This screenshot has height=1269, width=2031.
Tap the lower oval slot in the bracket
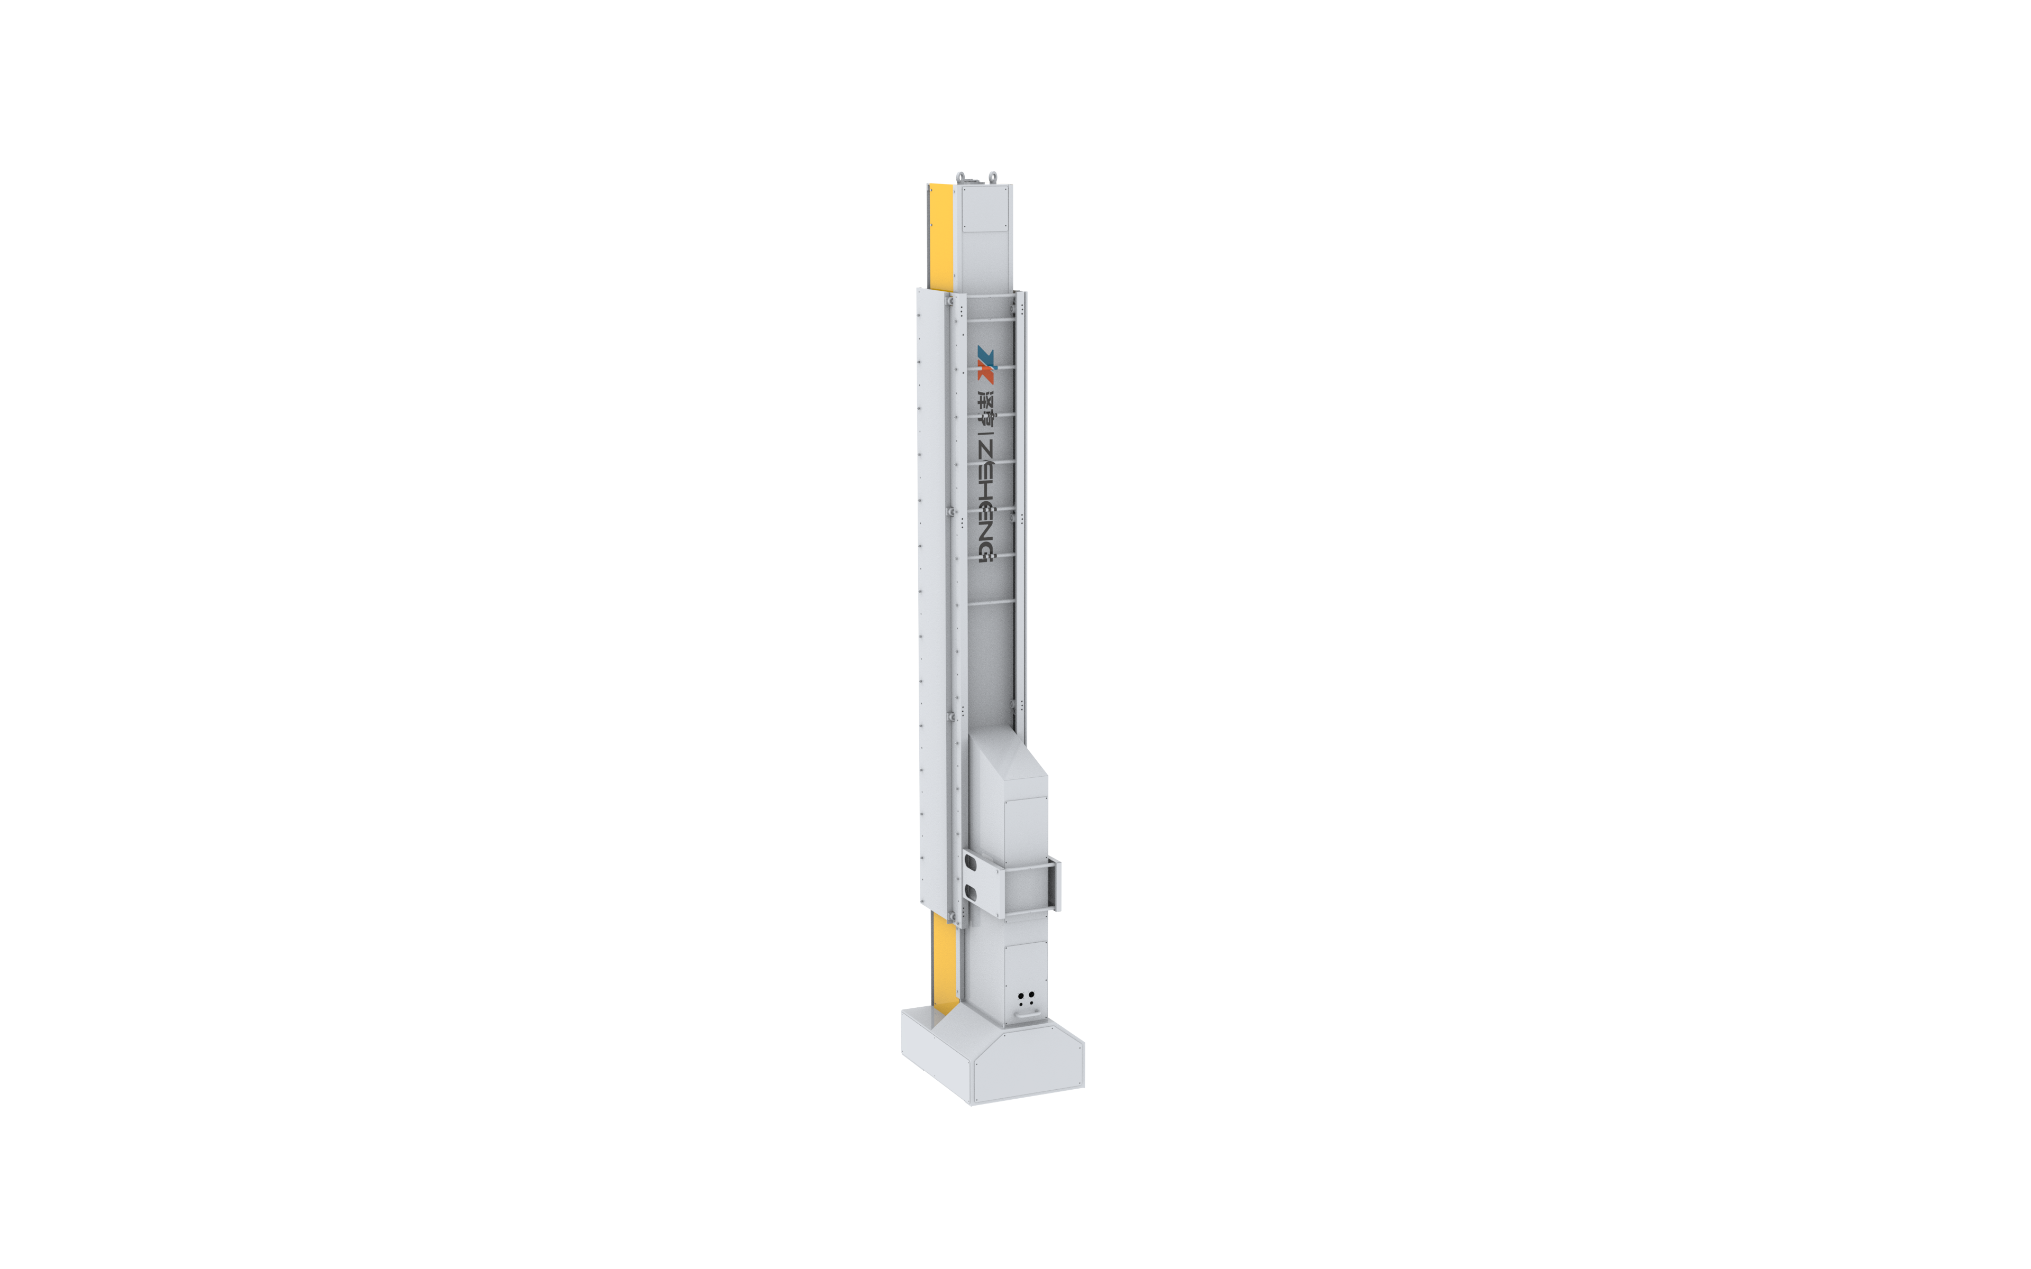coord(971,890)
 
